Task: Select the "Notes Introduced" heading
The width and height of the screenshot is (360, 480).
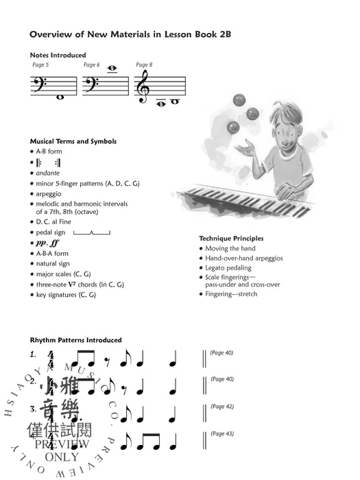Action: (x=58, y=55)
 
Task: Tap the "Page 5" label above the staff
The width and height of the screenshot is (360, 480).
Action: (x=41, y=65)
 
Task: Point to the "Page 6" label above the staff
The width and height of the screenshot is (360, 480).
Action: (x=92, y=65)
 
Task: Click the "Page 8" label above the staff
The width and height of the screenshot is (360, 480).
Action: (x=144, y=65)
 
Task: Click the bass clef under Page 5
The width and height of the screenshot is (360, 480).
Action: (x=39, y=85)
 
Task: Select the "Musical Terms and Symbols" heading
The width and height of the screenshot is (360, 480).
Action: (x=73, y=141)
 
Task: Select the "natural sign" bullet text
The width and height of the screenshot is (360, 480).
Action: (x=53, y=263)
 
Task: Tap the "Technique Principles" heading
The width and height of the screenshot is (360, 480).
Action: (x=231, y=238)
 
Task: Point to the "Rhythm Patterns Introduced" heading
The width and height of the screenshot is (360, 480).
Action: (x=76, y=340)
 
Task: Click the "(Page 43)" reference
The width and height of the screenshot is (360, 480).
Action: (x=221, y=433)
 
